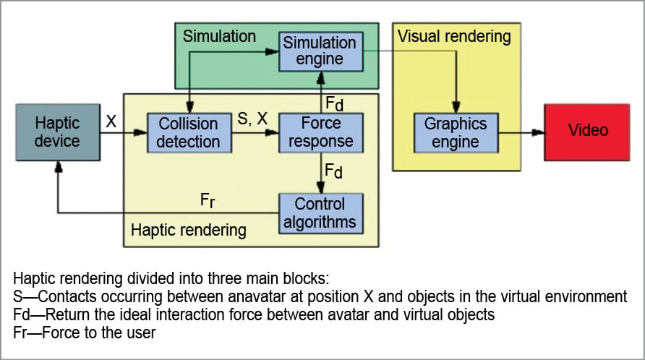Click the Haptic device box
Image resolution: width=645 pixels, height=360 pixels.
pos(57,131)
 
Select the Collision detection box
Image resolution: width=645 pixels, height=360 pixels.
pos(189,132)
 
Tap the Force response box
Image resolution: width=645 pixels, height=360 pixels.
pos(320,132)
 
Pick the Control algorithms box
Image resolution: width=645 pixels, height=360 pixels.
pos(320,213)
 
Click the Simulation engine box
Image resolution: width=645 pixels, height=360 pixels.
pos(319,51)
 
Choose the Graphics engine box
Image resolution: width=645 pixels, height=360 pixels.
pos(456,132)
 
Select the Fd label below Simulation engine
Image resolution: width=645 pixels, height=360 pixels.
pos(333,103)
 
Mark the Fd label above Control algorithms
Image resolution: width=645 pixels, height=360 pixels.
pos(333,173)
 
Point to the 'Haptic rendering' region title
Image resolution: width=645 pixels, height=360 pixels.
pos(188,230)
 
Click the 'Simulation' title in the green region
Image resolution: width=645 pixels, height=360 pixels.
pos(219,35)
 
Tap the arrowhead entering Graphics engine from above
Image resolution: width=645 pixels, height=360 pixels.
pos(456,108)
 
